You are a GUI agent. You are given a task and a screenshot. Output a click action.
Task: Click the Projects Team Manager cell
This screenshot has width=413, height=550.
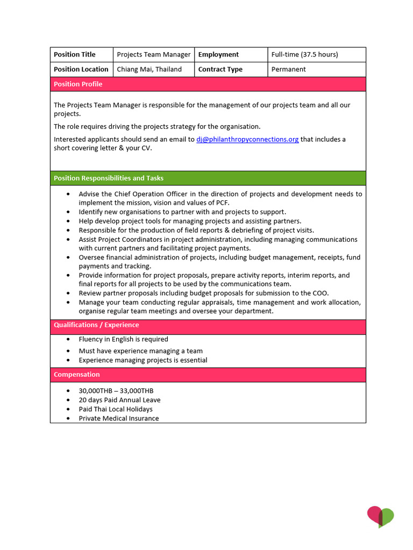pos(154,55)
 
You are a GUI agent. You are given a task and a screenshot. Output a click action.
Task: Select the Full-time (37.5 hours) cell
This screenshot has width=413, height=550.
pos(304,55)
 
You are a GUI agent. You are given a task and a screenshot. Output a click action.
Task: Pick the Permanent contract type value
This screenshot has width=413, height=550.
pos(289,69)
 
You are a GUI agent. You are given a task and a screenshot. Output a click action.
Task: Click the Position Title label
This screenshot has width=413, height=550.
pos(75,55)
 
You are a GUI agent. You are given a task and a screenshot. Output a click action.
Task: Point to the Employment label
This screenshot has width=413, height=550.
pos(218,55)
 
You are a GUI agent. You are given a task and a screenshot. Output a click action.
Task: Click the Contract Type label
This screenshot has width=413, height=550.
pos(220,69)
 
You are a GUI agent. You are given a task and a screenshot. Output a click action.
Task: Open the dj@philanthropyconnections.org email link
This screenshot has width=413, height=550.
pos(247,140)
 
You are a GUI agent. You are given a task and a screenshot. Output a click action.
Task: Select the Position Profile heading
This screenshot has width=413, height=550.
pos(78,84)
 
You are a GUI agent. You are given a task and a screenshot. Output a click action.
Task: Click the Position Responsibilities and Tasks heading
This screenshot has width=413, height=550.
pos(109,178)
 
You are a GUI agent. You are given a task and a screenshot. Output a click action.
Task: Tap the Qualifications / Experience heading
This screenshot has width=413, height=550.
pos(96,325)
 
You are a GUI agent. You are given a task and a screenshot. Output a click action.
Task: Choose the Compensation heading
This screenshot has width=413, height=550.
pos(77,374)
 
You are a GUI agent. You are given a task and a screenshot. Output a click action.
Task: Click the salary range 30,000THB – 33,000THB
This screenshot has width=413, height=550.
pos(116,391)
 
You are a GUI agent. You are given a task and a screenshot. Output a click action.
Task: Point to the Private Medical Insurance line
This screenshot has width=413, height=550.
pos(119,418)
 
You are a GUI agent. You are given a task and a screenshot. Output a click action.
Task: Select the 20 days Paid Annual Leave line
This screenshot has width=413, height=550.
pos(119,400)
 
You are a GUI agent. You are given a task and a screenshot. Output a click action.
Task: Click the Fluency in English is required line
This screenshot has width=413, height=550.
pos(123,339)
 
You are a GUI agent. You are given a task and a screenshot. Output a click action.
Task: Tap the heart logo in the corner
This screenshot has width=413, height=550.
pos(381,517)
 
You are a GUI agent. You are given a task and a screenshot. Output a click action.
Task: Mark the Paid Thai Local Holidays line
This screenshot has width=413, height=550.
pos(116,409)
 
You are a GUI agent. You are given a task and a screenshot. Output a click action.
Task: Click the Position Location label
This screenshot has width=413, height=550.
pos(81,69)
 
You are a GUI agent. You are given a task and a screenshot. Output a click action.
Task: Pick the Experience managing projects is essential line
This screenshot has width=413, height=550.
pos(143,360)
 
